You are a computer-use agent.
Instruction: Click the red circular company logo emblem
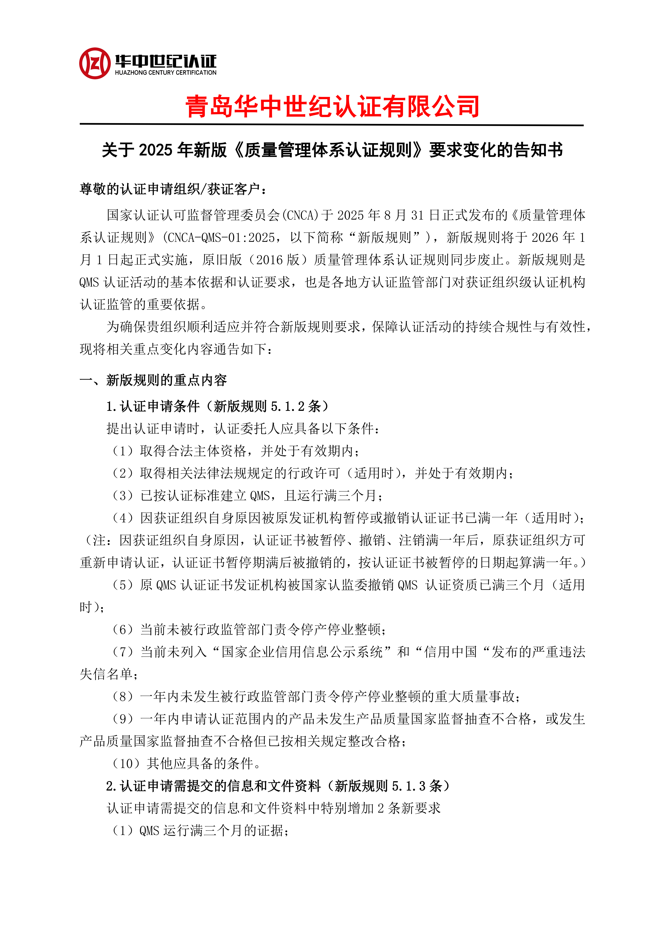tap(95, 63)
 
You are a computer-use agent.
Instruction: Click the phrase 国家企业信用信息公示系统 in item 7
tap(302, 652)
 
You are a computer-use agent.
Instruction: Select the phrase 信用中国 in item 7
tap(451, 652)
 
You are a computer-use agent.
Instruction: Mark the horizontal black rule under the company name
tap(332, 124)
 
